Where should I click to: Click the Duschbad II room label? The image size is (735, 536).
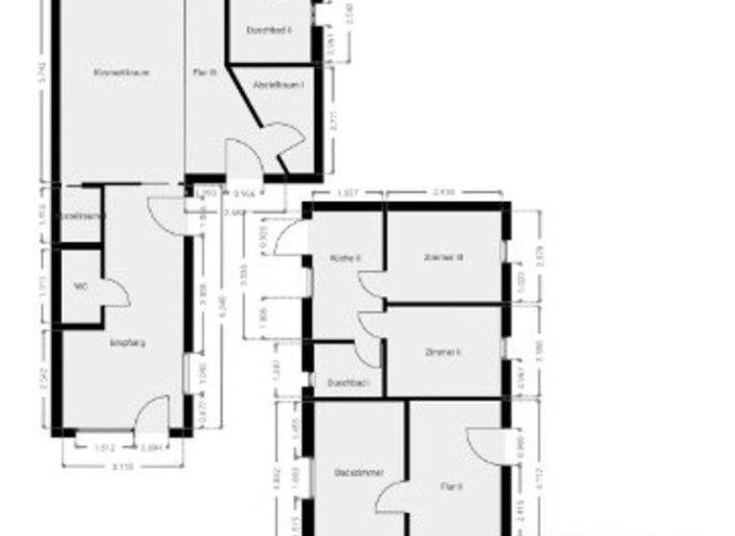point(269,31)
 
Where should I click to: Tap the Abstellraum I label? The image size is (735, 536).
point(278,84)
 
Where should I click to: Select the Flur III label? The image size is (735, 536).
point(205,72)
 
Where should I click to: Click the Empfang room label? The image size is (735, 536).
point(127,342)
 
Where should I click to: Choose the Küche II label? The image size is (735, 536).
point(345,257)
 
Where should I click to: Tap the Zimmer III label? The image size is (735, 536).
point(443,257)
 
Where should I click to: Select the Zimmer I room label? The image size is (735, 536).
point(443,351)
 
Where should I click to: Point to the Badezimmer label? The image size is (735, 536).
point(353,473)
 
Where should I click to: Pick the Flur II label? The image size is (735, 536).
point(452,487)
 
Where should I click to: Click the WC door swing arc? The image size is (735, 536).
point(116,293)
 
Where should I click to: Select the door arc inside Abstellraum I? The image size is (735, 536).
point(285,144)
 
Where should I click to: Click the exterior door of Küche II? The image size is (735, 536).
point(291,239)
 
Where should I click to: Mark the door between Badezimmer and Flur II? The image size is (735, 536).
point(393,498)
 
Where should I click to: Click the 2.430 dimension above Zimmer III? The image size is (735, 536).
point(444,193)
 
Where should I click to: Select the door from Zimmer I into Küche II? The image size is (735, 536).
point(369,324)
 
